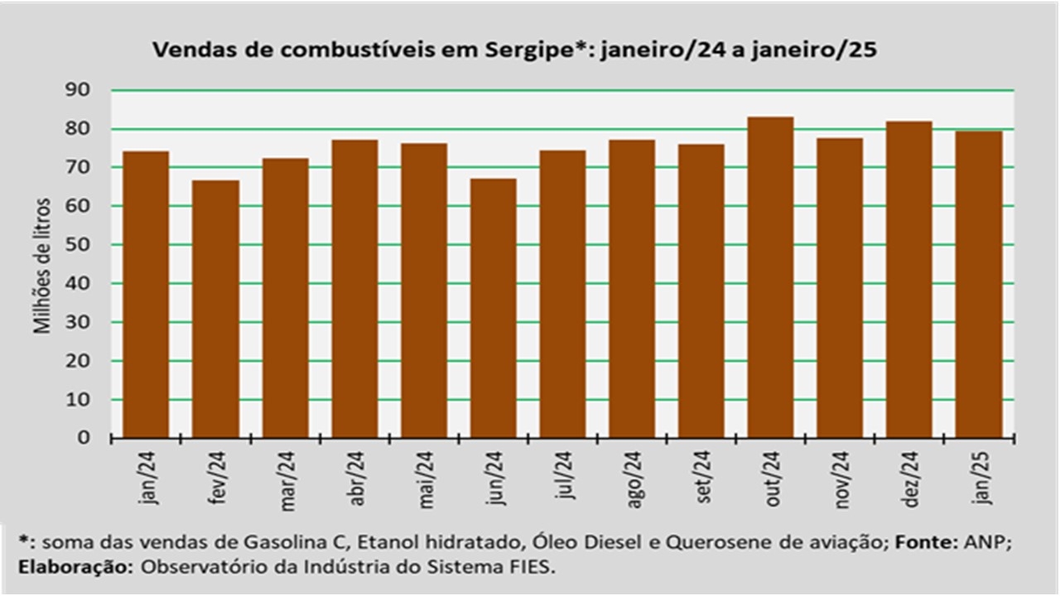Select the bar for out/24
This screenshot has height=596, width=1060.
coord(770,277)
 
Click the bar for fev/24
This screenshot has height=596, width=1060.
coord(216,310)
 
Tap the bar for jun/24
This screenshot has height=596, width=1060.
coord(493,309)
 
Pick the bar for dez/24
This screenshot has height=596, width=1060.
coord(909,280)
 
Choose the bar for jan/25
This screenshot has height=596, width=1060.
coord(979,285)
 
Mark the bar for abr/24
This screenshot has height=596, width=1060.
coord(355,289)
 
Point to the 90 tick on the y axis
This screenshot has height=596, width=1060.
coord(77,89)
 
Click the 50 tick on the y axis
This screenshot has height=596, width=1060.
coord(77,244)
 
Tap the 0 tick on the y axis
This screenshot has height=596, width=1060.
coord(84,438)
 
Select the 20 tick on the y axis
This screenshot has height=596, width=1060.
coord(77,361)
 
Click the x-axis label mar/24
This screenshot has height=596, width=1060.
coord(287,481)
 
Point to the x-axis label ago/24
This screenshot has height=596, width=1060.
coord(634,479)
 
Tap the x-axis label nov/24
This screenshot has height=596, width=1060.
coord(841,480)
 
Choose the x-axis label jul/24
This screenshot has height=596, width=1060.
coord(564,474)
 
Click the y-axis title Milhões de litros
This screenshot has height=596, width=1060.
coord(42,266)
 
